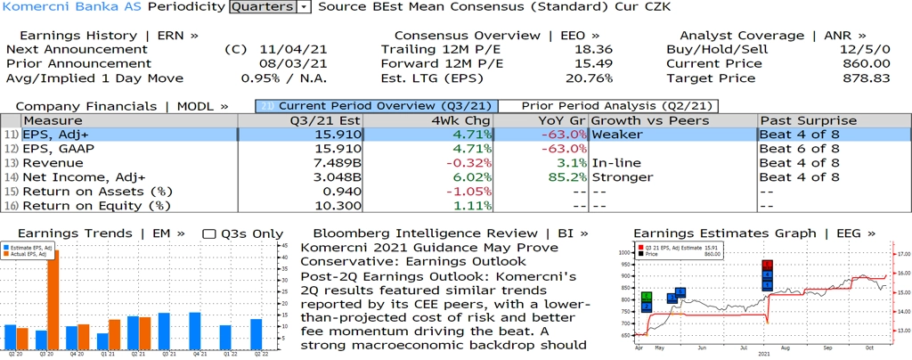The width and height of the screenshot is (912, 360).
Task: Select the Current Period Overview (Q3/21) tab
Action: (x=375, y=106)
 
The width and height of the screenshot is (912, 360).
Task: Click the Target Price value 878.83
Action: (x=867, y=78)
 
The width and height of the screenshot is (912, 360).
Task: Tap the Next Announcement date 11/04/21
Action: (x=293, y=49)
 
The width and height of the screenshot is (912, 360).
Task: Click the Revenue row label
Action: (x=53, y=163)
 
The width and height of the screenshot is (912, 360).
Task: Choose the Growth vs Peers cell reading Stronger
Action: (x=623, y=177)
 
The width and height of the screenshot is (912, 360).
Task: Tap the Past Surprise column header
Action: (x=808, y=120)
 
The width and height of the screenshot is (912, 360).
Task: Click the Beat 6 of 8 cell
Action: (x=798, y=149)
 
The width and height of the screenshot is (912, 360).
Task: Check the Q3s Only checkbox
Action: (x=209, y=233)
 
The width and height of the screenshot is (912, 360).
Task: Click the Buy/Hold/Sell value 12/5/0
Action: (x=866, y=49)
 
